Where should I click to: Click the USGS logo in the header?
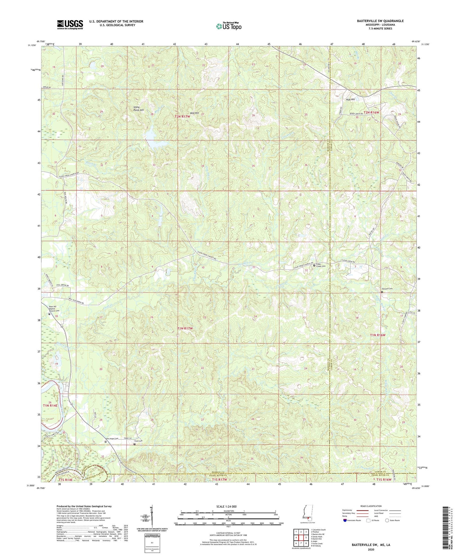point(70,25)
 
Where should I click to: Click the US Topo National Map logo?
point(228,26)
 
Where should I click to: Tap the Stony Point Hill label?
point(138,108)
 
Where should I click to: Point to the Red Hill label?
point(194,113)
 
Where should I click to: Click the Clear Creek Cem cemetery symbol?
point(314,266)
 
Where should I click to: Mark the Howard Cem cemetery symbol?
point(382,292)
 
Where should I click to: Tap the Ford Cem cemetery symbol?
point(134,444)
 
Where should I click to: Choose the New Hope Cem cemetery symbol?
point(106,442)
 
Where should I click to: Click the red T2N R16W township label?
point(371,113)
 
